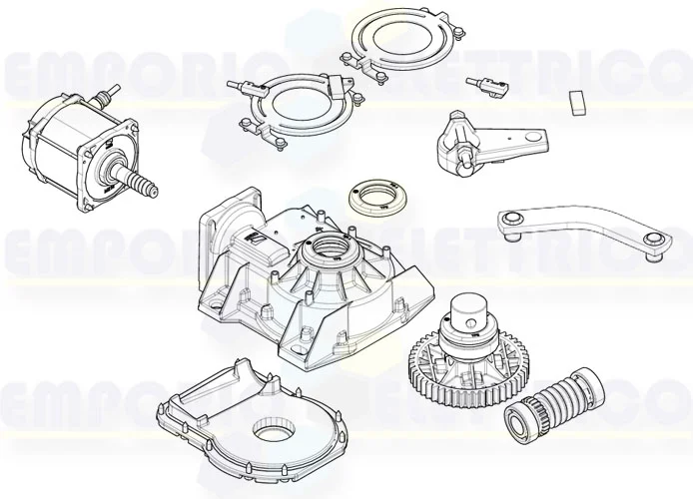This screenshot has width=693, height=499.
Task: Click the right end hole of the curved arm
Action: pyautogui.click(x=652, y=240)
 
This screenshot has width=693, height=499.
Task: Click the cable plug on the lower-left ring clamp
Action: pyautogui.click(x=239, y=86)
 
